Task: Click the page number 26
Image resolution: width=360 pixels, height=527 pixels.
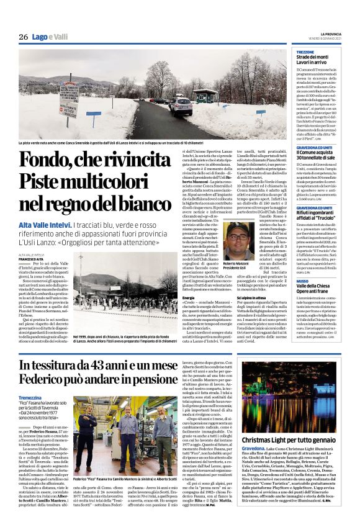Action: (23, 37)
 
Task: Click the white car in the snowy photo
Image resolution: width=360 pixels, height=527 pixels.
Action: (181, 106)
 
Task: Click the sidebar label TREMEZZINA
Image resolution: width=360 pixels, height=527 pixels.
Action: (305, 52)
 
